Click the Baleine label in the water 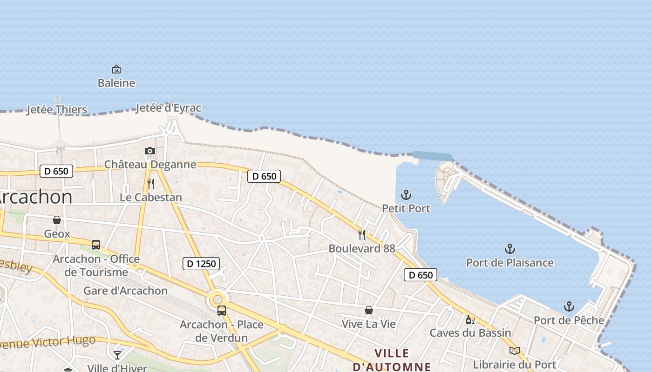[x=116, y=83]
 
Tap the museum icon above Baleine [x=116, y=69]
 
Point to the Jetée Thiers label [x=57, y=110]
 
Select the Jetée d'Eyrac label [x=169, y=108]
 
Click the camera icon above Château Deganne [x=149, y=151]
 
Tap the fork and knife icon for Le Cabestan [x=150, y=184]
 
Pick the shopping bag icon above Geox [x=57, y=220]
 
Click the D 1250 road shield [x=201, y=264]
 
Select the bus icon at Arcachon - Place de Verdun [x=222, y=310]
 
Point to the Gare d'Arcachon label [x=125, y=291]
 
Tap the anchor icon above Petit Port [x=406, y=194]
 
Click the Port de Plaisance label [x=510, y=263]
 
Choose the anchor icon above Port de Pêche [x=569, y=306]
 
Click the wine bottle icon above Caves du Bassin [x=470, y=319]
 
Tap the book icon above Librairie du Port [x=514, y=351]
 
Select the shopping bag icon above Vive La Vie [x=368, y=310]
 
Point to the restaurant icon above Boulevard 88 [x=362, y=234]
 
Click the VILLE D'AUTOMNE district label [x=392, y=360]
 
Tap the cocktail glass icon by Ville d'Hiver [x=117, y=355]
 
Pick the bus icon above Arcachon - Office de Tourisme [x=96, y=245]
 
